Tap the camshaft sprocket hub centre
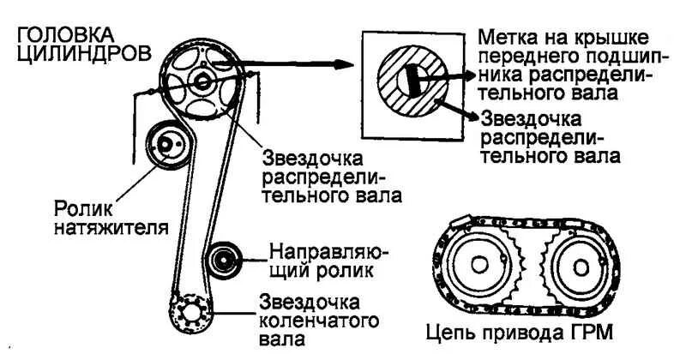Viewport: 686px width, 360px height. [202, 82]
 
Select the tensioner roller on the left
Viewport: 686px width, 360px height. [164, 146]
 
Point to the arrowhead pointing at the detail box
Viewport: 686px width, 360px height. [347, 64]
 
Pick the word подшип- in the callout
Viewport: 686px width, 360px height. [610, 57]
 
